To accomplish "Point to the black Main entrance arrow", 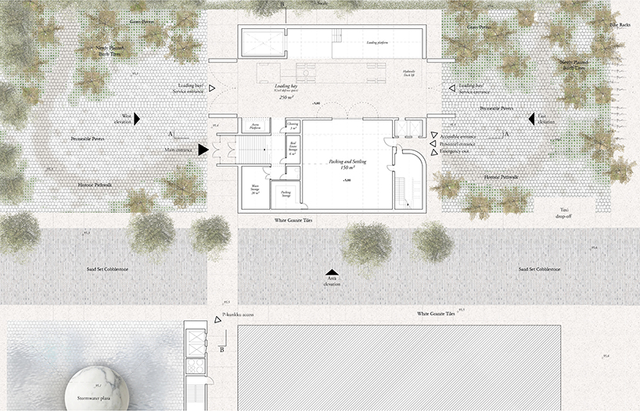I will (x=203, y=149).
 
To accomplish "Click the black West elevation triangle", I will (x=136, y=119).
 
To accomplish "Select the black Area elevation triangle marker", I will (x=333, y=272).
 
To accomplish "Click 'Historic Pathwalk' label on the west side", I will (x=95, y=185).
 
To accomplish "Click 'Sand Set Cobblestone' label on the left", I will (x=108, y=269).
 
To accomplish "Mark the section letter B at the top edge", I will (x=282, y=5).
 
